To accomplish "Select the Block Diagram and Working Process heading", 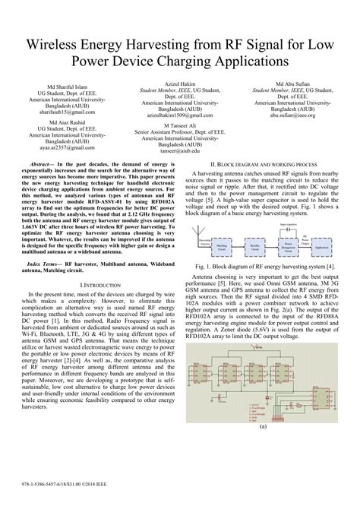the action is pyautogui.click(x=263, y=164).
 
